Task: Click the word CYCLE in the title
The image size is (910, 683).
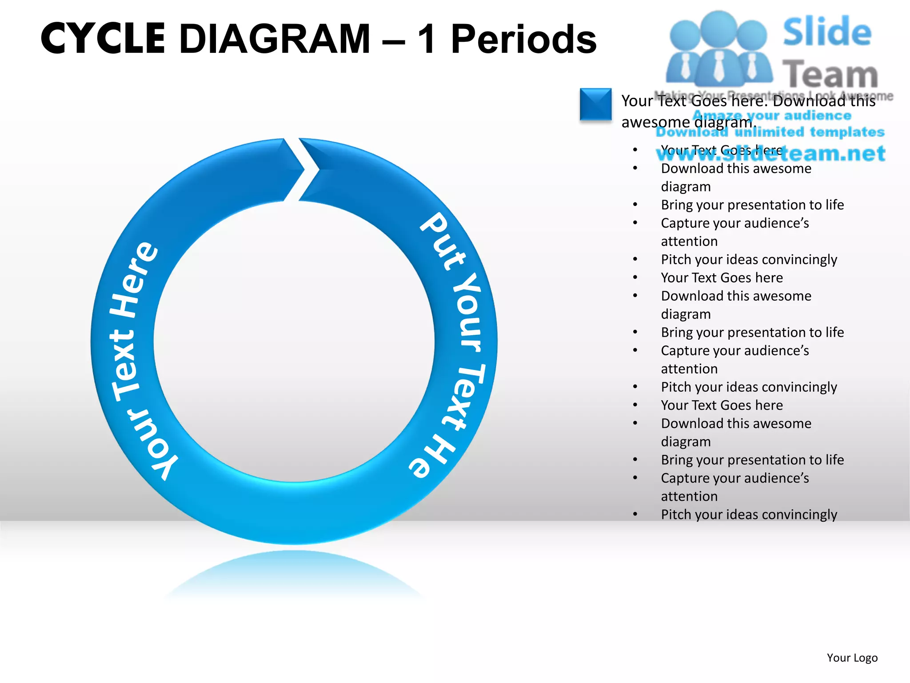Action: pyautogui.click(x=103, y=39)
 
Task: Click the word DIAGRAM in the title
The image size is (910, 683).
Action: pyautogui.click(x=275, y=39)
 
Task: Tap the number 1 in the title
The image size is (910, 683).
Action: pyautogui.click(x=427, y=39)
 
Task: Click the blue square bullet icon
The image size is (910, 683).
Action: pyautogui.click(x=595, y=104)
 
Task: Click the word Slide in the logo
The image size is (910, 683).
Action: pyautogui.click(x=827, y=32)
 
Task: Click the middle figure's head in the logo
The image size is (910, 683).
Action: pyautogui.click(x=718, y=28)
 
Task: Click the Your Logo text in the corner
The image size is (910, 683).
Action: pyautogui.click(x=852, y=658)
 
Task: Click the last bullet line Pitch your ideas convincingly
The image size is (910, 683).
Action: pyautogui.click(x=749, y=514)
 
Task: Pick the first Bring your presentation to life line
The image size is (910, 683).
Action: pyautogui.click(x=752, y=205)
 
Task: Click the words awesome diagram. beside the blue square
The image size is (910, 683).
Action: pyautogui.click(x=689, y=122)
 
